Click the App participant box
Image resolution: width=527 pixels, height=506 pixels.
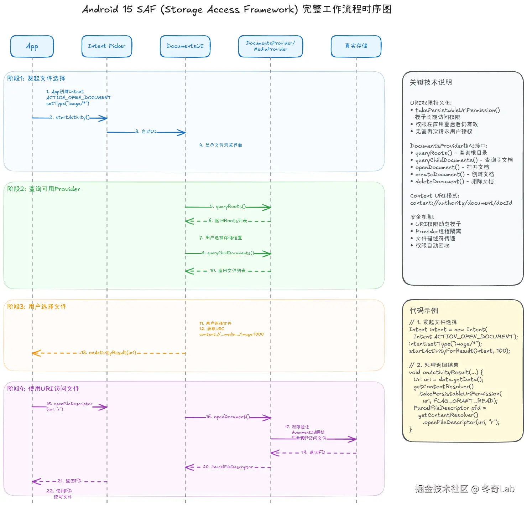(32, 46)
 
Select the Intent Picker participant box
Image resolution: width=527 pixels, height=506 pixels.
(107, 46)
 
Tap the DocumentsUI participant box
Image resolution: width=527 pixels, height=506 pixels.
(185, 46)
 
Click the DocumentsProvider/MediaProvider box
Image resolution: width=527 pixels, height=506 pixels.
(271, 46)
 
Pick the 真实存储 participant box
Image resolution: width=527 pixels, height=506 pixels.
(356, 46)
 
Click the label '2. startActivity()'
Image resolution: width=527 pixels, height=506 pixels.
(69, 117)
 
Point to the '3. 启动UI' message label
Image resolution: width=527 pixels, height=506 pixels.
(146, 132)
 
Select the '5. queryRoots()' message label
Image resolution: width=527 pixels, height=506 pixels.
(228, 206)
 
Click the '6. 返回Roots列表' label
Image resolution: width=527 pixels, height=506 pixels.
(228, 221)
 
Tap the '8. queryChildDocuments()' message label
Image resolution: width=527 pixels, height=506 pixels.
(228, 253)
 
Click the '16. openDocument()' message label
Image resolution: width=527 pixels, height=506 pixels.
(228, 417)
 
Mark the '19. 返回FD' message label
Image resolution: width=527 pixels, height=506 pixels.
(313, 453)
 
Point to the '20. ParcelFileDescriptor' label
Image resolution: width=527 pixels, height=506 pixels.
(228, 467)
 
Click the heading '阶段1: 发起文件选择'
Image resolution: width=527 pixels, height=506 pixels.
(36, 78)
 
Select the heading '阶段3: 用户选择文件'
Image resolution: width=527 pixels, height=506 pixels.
(37, 307)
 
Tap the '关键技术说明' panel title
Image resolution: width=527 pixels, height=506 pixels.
(431, 82)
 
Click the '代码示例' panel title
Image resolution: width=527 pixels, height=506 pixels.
(424, 311)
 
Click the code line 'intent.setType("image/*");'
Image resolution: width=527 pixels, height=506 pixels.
(445, 344)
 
